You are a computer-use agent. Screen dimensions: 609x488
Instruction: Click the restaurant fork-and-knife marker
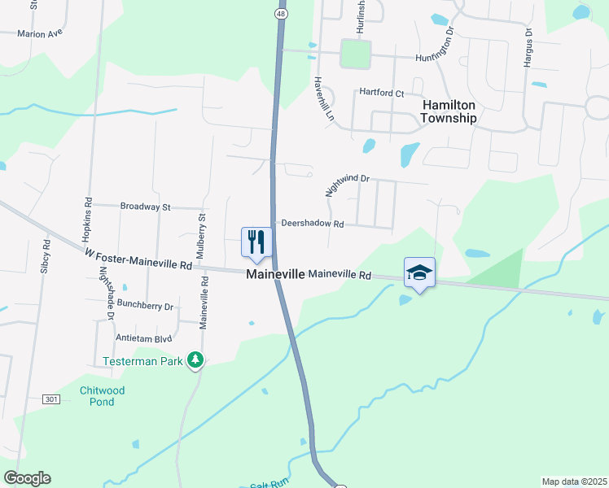pos(256,242)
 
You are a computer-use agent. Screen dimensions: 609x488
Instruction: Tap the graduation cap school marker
pos(419,272)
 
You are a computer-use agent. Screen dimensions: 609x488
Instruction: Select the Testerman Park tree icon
pos(195,359)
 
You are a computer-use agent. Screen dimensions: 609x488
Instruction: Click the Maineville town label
pos(275,276)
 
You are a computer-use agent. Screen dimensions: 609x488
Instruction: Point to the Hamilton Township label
pos(448,111)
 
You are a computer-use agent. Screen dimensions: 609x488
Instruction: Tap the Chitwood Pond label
pos(103,396)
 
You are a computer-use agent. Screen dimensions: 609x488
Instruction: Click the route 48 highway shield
pos(281,14)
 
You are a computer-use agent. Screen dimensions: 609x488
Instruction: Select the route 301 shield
pos(51,399)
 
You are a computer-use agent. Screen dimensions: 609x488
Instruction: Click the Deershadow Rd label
pos(313,224)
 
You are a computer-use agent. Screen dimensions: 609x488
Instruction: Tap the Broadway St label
pos(145,207)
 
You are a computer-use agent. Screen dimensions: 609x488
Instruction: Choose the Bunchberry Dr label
pos(146,307)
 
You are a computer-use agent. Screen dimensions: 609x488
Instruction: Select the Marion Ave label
pos(40,34)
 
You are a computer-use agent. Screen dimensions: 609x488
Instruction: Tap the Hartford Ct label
pos(382,94)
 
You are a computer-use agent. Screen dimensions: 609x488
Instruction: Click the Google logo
pos(27,478)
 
